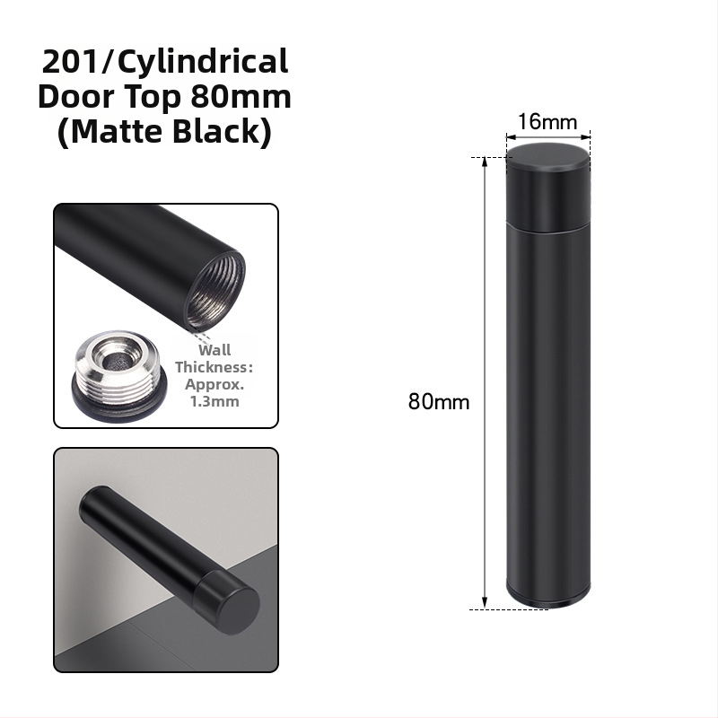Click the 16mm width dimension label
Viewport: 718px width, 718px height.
(547, 122)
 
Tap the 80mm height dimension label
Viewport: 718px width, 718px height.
(439, 401)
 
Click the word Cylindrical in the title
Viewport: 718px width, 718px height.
(203, 62)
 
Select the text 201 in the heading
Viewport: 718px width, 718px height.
(70, 61)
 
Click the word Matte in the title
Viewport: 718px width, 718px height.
(117, 132)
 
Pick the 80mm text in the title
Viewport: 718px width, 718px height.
(241, 97)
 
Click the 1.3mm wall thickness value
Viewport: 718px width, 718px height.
(215, 401)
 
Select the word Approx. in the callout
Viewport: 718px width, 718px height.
(215, 385)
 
